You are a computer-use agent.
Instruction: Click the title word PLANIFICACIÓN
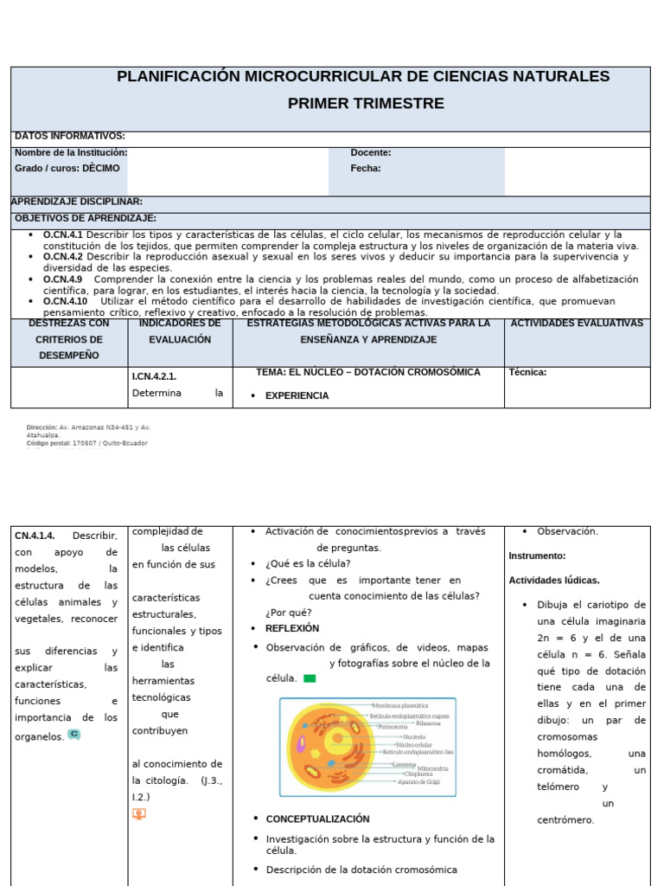pos(178,77)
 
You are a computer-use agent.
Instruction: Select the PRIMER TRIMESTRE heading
pos(366,104)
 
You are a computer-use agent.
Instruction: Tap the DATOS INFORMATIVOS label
pos(69,136)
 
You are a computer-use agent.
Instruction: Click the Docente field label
pos(370,152)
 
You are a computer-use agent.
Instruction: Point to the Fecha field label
pos(365,168)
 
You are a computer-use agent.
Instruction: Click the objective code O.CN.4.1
pos(63,234)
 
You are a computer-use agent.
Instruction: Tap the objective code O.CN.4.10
pos(66,301)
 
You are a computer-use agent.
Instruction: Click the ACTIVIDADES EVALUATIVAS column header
pos(577,323)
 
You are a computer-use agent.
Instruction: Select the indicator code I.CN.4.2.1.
pos(154,376)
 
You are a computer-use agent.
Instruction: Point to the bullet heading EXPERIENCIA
pos(297,395)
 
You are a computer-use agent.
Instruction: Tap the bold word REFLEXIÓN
pos(292,628)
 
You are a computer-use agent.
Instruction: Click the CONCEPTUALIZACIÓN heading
pos(317,819)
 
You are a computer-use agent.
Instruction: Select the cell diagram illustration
pos(367,747)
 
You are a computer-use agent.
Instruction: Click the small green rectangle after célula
pos(310,679)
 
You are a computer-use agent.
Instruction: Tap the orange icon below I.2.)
pos(138,813)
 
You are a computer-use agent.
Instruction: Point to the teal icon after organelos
pos(73,735)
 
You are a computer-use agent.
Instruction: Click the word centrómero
pos(565,819)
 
